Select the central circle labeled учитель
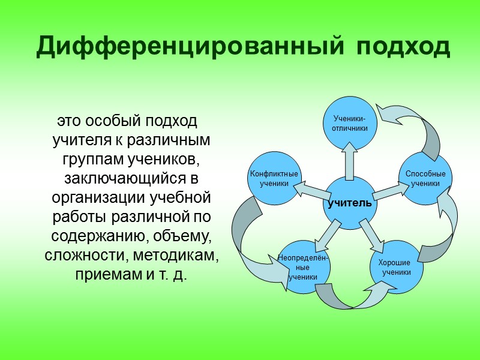349,203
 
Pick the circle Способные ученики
425,179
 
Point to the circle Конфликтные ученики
274,179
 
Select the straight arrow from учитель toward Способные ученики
389,191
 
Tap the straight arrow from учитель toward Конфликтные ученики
311,191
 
